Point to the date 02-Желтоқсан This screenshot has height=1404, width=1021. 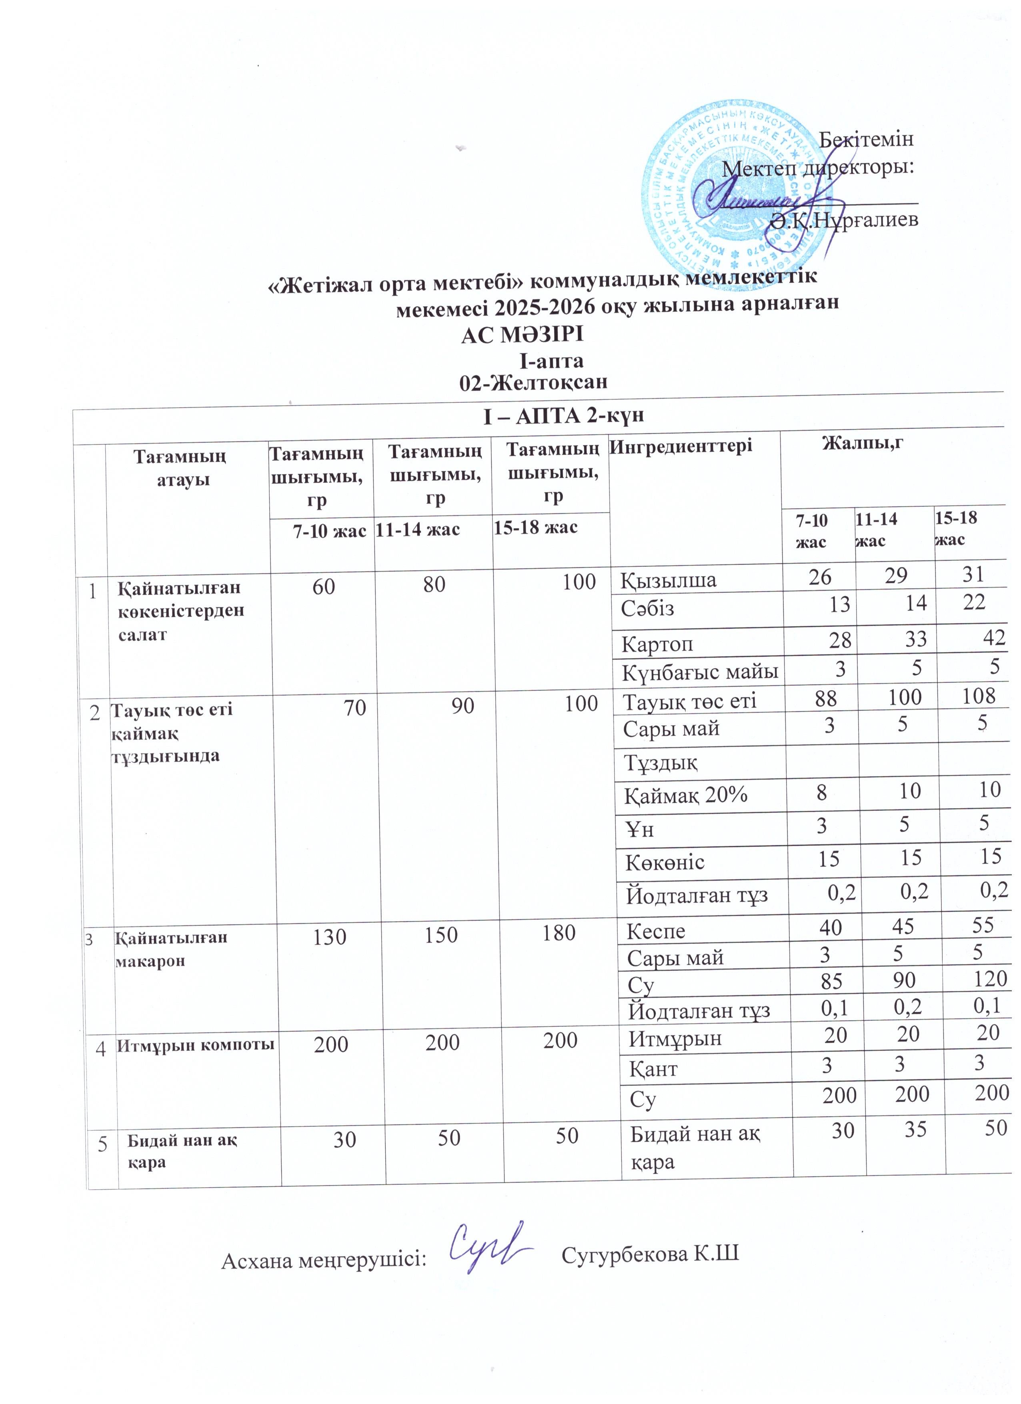533,382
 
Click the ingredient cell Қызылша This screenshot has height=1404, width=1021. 669,580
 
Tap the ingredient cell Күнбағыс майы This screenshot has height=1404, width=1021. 700,671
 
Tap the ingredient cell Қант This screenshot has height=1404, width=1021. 653,1070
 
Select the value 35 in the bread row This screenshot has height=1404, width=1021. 914,1130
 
